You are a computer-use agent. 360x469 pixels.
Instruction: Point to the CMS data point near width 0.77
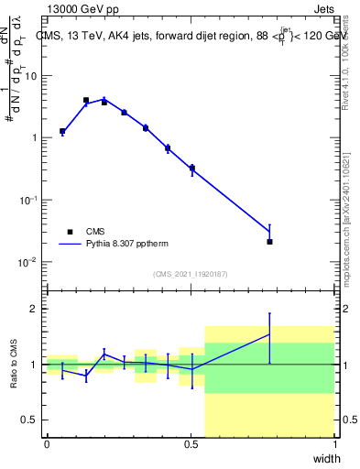(269, 242)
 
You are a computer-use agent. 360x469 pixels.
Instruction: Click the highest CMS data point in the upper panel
(86, 100)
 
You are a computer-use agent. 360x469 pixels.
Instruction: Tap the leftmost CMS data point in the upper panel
(61, 131)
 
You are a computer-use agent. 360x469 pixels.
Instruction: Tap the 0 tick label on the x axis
(47, 444)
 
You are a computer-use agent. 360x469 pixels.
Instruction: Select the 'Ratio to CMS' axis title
(13, 364)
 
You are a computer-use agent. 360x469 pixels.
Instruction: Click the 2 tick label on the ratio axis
(36, 309)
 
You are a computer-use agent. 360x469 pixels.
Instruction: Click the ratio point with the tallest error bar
(269, 335)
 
